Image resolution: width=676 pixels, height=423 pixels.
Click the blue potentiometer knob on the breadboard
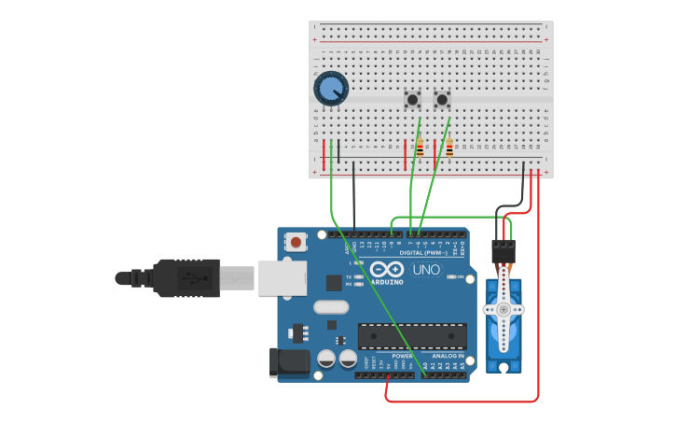331,89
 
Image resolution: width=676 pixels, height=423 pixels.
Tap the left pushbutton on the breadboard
412,99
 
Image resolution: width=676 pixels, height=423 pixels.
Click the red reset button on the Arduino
296,242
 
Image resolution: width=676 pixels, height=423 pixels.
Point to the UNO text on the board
426,270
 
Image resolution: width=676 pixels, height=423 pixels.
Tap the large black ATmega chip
412,336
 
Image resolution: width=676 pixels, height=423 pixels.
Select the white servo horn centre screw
504,309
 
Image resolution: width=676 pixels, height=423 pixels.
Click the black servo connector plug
504,251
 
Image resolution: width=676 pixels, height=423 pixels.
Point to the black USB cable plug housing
186,277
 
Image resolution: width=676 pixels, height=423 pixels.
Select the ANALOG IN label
448,356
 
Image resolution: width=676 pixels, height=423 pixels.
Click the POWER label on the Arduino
402,356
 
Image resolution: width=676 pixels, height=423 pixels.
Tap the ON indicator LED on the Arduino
451,277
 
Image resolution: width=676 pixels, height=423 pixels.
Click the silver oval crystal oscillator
331,306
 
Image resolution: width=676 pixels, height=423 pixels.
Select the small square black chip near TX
333,282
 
